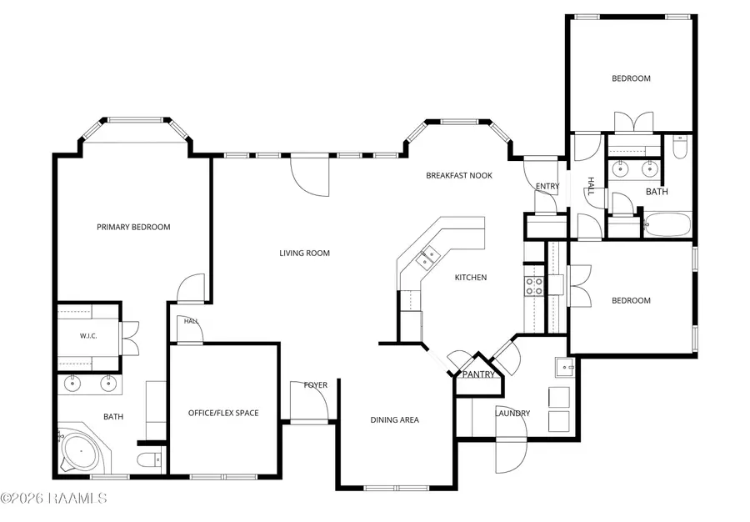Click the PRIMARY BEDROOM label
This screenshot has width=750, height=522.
[133, 227]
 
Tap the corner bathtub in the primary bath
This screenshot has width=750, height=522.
[82, 451]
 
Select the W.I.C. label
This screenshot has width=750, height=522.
[88, 336]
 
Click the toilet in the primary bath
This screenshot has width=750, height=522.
[149, 459]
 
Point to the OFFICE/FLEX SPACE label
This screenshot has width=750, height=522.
[223, 413]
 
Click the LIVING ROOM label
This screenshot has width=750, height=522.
[305, 253]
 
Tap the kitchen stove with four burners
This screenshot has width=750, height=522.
[534, 287]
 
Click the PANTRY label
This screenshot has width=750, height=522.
[478, 374]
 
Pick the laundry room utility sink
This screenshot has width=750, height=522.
[565, 367]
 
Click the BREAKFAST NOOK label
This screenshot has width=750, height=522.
[459, 176]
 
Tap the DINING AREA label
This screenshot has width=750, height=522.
[395, 420]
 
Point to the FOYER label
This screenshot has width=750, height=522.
[316, 385]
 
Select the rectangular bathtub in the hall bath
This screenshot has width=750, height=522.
[667, 223]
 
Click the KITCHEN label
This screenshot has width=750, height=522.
[471, 278]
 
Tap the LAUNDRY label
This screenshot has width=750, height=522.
[512, 414]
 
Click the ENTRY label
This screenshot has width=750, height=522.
[547, 186]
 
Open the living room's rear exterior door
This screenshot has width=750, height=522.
[310, 175]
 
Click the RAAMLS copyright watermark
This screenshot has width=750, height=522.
[53, 498]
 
